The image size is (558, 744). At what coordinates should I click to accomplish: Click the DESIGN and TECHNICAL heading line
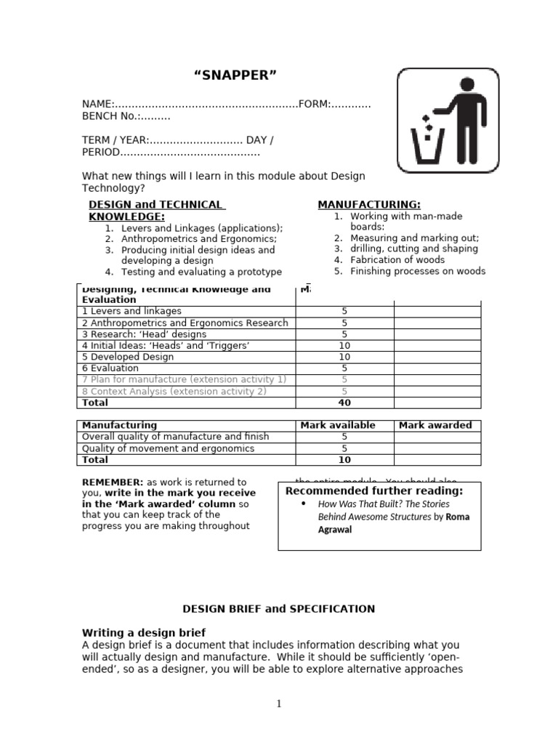[x=155, y=205]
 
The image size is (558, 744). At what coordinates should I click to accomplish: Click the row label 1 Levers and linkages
[x=132, y=311]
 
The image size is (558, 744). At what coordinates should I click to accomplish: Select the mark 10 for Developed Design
[x=344, y=357]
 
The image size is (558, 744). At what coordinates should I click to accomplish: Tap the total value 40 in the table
[x=344, y=403]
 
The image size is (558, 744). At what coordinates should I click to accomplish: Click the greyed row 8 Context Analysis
[x=174, y=391]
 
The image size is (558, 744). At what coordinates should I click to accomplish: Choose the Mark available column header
[x=338, y=425]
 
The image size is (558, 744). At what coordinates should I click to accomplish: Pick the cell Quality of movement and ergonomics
[x=168, y=448]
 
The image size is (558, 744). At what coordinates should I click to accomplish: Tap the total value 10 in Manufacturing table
[x=344, y=460]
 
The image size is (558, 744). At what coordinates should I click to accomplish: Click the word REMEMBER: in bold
[x=113, y=482]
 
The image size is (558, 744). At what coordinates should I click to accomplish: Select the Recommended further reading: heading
[x=373, y=491]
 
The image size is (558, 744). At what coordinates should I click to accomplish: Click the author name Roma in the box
[x=458, y=517]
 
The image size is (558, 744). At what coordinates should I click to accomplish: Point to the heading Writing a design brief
[x=144, y=633]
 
